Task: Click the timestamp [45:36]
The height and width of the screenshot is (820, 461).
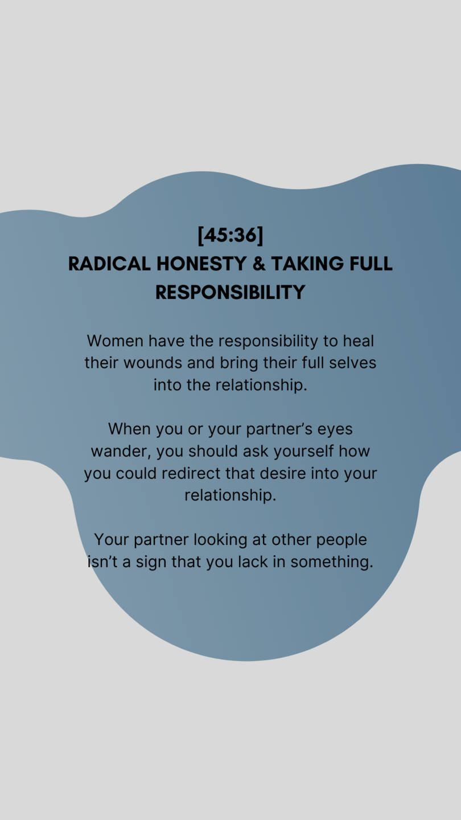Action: pyautogui.click(x=230, y=235)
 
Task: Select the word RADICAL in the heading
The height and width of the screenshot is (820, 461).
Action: pyautogui.click(x=109, y=264)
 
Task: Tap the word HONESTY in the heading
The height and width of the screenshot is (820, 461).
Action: pyautogui.click(x=201, y=264)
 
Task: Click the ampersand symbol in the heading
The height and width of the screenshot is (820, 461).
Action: pyautogui.click(x=258, y=264)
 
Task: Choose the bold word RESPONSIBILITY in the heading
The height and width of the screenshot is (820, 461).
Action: pyautogui.click(x=230, y=292)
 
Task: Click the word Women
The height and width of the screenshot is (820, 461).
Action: pyautogui.click(x=115, y=341)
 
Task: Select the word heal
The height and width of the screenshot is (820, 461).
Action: pyautogui.click(x=358, y=341)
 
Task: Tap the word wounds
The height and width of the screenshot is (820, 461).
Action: pyautogui.click(x=153, y=363)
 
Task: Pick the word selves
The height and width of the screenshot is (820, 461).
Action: pyautogui.click(x=352, y=363)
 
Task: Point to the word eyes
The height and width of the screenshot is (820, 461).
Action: pyautogui.click(x=335, y=429)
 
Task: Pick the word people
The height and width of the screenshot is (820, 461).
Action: pyautogui.click(x=341, y=540)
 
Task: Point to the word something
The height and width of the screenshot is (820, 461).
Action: pyautogui.click(x=332, y=562)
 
